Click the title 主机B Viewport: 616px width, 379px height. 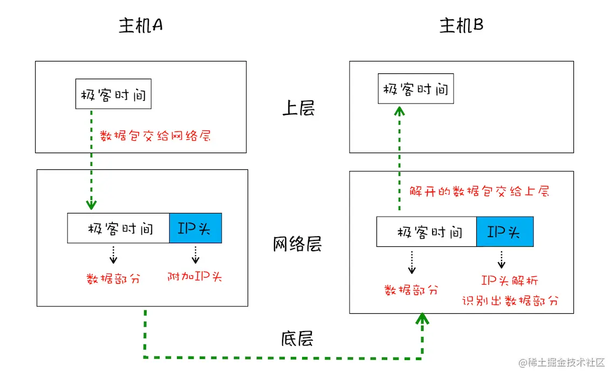coord(461,26)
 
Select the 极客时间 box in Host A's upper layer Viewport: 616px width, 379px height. coord(113,94)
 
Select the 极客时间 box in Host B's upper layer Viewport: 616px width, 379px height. coord(415,89)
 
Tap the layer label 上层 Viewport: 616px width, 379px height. coord(298,108)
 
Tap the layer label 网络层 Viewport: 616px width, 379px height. coord(297,244)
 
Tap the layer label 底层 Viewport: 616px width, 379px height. coord(297,339)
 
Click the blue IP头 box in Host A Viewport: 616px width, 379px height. coord(195,228)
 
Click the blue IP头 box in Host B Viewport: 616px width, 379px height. coord(504,232)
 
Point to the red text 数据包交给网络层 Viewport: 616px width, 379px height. coord(155,135)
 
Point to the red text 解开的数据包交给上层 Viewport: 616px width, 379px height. coord(479,191)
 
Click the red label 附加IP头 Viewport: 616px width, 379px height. coord(195,277)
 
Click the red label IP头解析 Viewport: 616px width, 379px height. coord(509,280)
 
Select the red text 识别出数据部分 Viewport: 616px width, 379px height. coord(510,301)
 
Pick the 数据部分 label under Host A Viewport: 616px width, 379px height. coord(113,278)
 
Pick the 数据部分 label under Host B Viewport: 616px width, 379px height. coord(411,290)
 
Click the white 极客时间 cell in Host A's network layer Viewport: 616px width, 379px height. coord(119,228)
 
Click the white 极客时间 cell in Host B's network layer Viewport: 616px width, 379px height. coord(426,232)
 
